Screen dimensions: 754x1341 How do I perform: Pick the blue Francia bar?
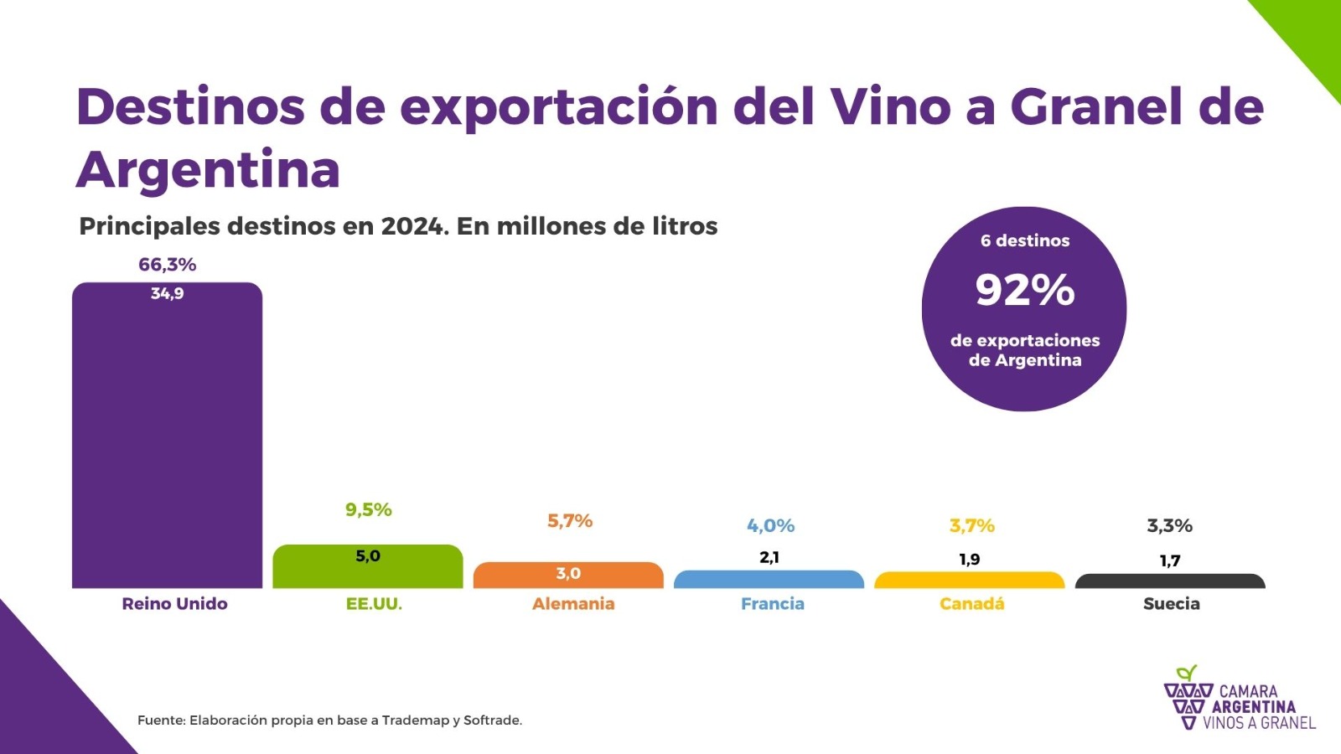pos(769,580)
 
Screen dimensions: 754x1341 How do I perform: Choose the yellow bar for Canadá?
pos(969,581)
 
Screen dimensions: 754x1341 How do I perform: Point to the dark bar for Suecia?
pos(1170,581)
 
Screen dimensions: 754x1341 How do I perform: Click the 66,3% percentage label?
pos(168,265)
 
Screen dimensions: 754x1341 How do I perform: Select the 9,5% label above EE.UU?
pos(369,509)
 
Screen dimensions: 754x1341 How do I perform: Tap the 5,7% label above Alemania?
pos(570,521)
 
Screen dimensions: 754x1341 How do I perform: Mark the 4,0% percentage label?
pos(770,526)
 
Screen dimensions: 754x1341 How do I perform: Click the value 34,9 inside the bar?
pos(168,293)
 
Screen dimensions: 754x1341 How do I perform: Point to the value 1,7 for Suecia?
pos(1170,560)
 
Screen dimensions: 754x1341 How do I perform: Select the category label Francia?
pos(772,604)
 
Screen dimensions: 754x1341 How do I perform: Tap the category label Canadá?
pos(971,604)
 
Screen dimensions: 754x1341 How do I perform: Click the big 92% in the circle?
pos(1024,290)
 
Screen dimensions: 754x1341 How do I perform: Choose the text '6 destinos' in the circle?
pos(1025,240)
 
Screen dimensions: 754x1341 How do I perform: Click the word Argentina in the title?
pos(209,170)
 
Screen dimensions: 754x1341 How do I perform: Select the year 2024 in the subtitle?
pos(413,226)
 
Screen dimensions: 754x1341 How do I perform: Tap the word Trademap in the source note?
pos(416,720)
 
